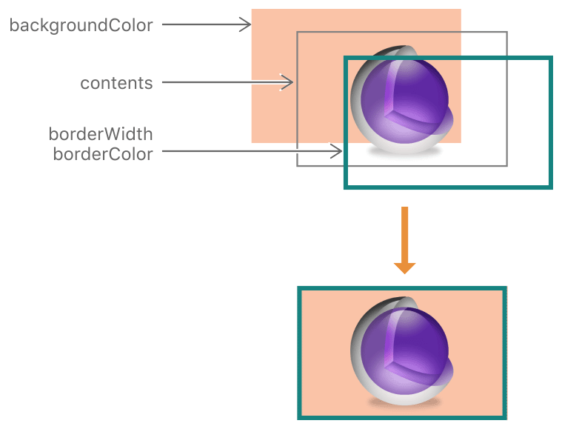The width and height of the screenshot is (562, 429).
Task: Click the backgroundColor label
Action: pos(81,25)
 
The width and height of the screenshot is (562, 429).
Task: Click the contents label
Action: pos(116,82)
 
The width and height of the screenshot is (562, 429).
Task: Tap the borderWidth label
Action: pos(101,134)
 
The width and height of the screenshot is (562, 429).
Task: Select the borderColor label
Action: pos(103,154)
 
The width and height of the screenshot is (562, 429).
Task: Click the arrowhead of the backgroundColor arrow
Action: pos(247,25)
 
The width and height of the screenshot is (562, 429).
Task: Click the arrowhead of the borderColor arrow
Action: pos(336,152)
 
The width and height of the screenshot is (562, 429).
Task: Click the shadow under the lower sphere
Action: pos(404,402)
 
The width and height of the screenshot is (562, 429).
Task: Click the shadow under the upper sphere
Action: pos(404,152)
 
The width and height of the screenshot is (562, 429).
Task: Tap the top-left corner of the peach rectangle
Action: pos(252,10)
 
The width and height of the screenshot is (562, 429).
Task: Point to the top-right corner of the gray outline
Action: pos(506,33)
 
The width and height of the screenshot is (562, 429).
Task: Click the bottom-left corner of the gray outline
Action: pos(298,165)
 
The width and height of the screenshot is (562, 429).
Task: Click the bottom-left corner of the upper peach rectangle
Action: pos(252,142)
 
